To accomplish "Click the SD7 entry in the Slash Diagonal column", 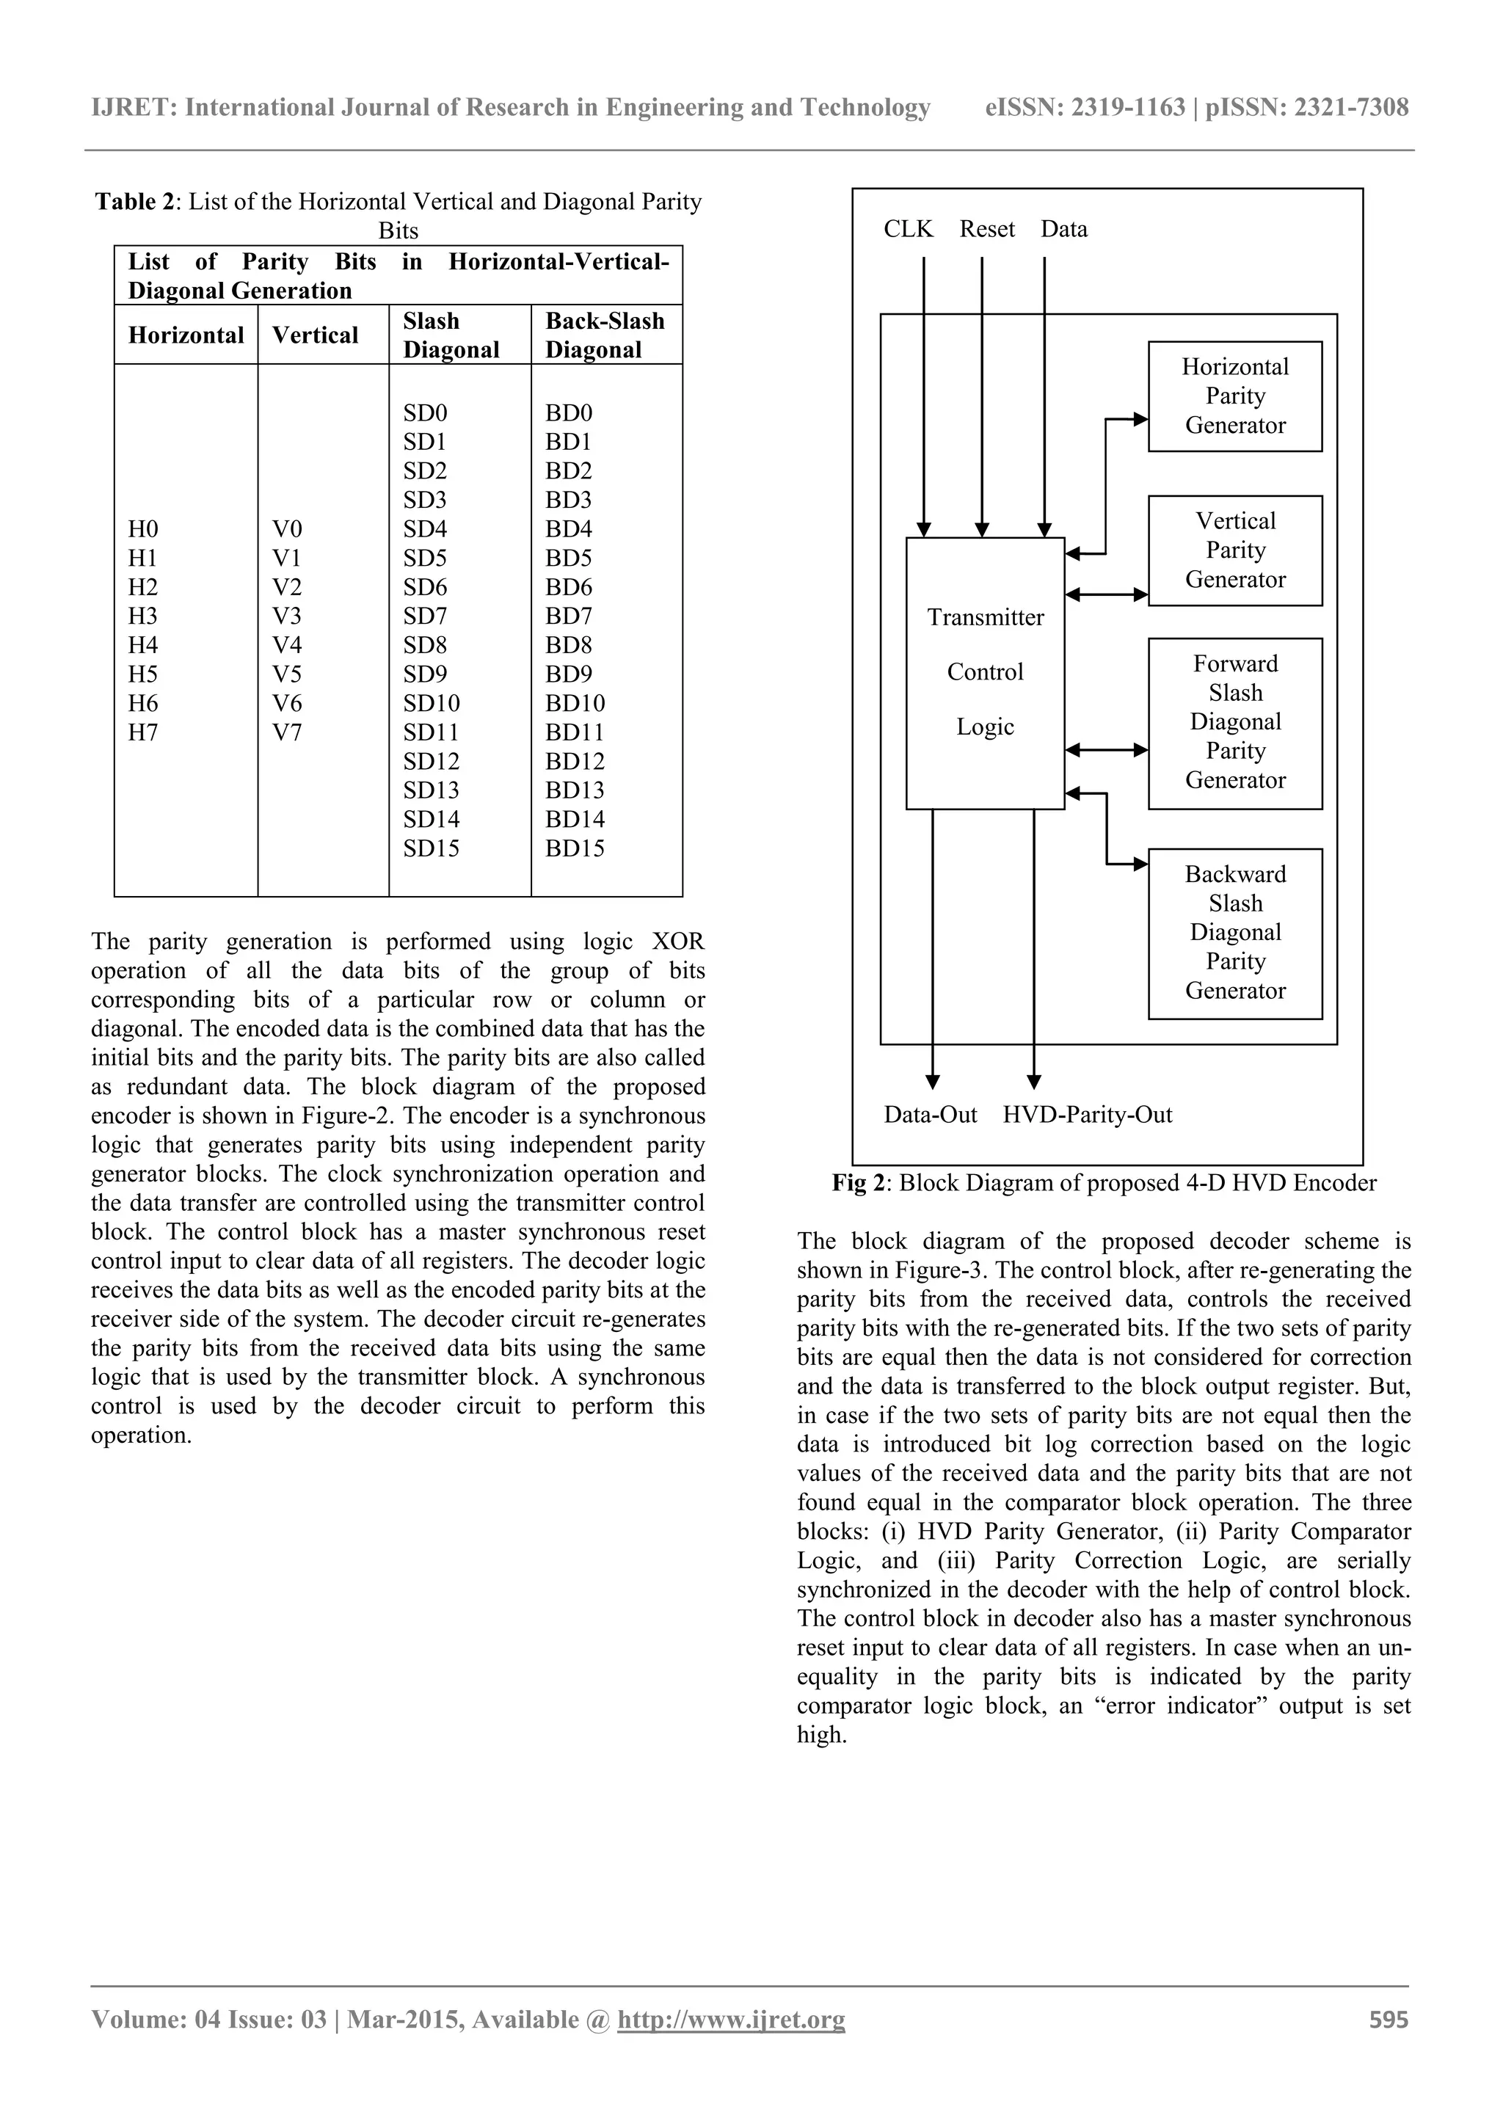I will click(x=425, y=616).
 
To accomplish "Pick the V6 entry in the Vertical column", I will click(x=287, y=704).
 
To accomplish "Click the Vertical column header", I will click(x=315, y=335).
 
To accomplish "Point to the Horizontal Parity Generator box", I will click(x=1234, y=396).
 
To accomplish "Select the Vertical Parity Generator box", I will click(x=1234, y=551).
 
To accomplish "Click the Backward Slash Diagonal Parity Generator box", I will click(x=1234, y=933).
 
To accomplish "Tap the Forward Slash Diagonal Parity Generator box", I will click(x=1234, y=723).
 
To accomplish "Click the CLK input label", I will click(x=909, y=230).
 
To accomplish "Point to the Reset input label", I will click(x=987, y=230).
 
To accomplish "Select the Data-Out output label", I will click(x=930, y=1115).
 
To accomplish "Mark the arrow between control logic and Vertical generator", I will click(x=1107, y=595).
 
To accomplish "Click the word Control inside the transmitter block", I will click(x=986, y=672).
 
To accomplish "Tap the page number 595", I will click(x=1389, y=2045).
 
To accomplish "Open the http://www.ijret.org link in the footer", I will click(x=731, y=2045).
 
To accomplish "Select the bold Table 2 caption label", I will click(x=134, y=202).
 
